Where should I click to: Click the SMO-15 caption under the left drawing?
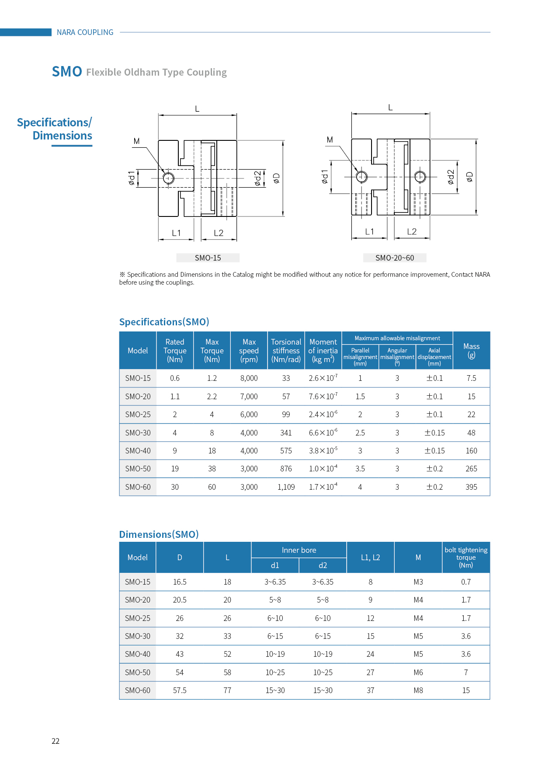pos(208,258)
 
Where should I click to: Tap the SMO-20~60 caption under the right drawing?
pos(394,258)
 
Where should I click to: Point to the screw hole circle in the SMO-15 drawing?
pos(168,178)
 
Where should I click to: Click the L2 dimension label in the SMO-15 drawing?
pos(219,233)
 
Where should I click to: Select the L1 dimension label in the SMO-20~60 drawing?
pos(370,232)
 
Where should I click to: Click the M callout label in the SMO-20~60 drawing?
pos(330,140)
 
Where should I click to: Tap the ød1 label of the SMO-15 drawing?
pos(132,178)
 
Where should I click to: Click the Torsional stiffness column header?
pos(286,351)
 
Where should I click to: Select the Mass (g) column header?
pos(471,351)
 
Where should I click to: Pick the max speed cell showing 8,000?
pos(249,378)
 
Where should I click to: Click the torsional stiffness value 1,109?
pos(286,487)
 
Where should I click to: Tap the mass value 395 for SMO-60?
pos(471,487)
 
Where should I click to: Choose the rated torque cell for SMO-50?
pos(175,469)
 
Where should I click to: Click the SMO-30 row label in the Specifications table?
pos(138,433)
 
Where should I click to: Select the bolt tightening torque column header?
pos(466,558)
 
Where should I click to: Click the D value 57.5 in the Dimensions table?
pos(180,690)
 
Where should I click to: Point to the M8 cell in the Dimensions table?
pos(418,690)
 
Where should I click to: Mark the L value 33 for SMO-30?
pos(227,636)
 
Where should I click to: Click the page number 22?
pos(56,741)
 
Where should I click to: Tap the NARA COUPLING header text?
pos(85,32)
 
